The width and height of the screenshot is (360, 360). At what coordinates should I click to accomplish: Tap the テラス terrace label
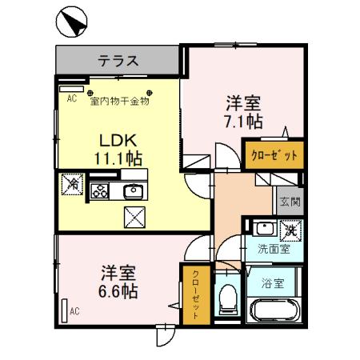118,59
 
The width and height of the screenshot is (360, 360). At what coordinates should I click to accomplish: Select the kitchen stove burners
101,190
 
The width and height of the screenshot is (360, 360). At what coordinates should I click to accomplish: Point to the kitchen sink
133,190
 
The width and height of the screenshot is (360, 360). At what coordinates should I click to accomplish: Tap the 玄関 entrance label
286,202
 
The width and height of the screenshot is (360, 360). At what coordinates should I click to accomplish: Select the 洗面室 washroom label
274,249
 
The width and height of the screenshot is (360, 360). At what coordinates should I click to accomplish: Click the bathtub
274,310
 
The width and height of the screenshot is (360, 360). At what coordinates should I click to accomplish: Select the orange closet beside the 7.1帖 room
274,154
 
